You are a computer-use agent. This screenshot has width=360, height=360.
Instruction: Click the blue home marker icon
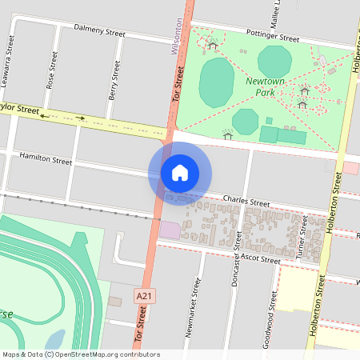pyautogui.click(x=180, y=172)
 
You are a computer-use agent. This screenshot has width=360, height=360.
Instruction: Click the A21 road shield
pyautogui.click(x=144, y=296)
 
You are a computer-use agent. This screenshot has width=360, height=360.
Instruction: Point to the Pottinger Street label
pyautogui.click(x=273, y=38)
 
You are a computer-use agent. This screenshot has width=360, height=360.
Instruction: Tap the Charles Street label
pyautogui.click(x=246, y=202)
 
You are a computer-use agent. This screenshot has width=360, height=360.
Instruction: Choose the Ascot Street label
pyautogui.click(x=258, y=260)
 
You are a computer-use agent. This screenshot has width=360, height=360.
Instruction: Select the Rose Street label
pyautogui.click(x=53, y=69)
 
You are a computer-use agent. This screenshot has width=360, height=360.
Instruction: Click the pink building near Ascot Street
pyautogui.click(x=170, y=230)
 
